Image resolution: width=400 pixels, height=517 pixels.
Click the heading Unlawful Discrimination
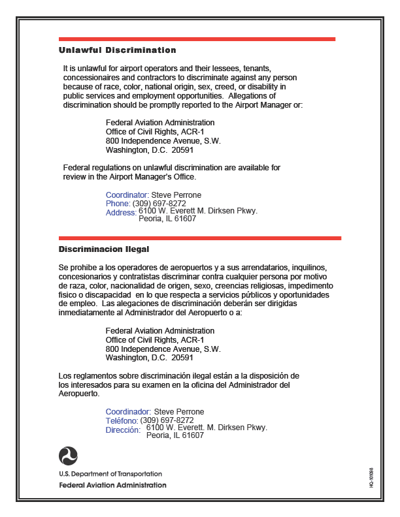[118, 50]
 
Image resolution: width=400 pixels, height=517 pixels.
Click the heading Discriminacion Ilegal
[104, 249]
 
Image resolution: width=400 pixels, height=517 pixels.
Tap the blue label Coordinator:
[127, 195]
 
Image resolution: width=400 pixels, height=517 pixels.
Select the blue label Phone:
[118, 204]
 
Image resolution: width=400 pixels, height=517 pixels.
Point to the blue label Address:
[121, 212]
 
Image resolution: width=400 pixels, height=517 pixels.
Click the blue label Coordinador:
[129, 412]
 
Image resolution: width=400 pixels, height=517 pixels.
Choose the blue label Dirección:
[123, 430]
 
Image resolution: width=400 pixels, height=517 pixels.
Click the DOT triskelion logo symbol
[68, 456]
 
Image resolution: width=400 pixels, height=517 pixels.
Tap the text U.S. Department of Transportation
[110, 474]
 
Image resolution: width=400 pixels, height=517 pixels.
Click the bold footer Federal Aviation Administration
[112, 485]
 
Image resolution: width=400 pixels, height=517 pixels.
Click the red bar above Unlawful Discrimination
[197, 39]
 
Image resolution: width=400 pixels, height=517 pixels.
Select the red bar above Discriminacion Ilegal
[199, 238]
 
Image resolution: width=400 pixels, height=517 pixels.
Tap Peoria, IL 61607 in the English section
[167, 219]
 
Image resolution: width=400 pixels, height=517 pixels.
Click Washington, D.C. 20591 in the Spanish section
[149, 358]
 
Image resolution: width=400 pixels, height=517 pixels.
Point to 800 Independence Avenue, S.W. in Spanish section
[163, 349]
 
